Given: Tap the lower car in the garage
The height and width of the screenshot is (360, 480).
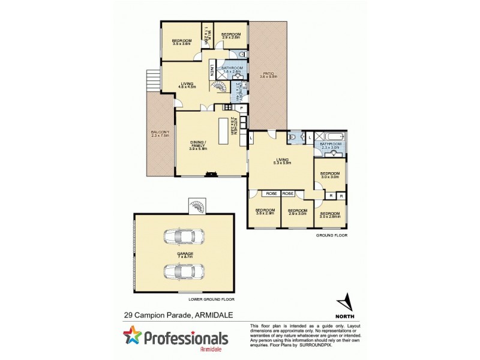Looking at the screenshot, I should point(181,271).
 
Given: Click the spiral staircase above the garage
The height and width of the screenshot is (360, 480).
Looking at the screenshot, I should point(197,206).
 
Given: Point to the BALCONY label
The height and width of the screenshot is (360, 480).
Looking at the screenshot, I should point(160,133).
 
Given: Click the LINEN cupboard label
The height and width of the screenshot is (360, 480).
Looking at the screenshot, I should point(212,70).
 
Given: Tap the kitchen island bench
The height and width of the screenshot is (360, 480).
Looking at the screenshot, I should point(224,131).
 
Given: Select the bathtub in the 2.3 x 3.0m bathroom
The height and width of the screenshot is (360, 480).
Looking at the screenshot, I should point(331,136).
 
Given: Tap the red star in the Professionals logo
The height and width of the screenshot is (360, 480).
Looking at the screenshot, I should point(133,336).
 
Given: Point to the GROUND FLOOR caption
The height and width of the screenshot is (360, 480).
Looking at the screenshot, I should point(332,236).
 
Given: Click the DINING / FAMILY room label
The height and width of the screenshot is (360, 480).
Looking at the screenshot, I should point(197,145).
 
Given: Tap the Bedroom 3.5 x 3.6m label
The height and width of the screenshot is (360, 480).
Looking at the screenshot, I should point(181,41).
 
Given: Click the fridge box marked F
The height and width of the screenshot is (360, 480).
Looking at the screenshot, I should point(241,108).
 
